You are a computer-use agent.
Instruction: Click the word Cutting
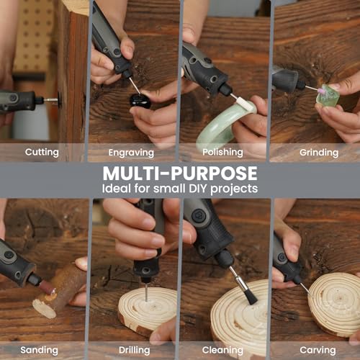[x=42, y=153]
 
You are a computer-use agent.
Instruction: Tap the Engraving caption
[x=131, y=153]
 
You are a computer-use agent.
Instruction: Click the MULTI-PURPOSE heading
[x=179, y=174]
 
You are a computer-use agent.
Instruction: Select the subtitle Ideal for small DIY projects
[x=179, y=189]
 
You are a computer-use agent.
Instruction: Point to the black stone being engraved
[x=140, y=100]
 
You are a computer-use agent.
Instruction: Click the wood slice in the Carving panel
[x=331, y=302]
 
